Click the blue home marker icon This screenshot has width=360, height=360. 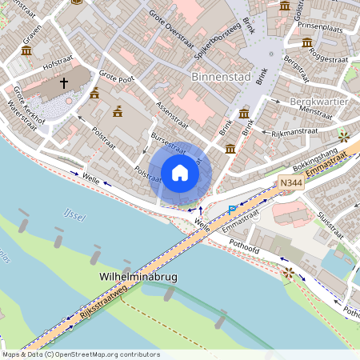point(180,173)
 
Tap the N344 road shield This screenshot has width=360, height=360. point(292,183)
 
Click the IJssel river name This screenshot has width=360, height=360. point(74,214)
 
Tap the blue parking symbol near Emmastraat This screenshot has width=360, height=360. point(232,210)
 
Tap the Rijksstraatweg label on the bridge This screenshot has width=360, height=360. point(102,307)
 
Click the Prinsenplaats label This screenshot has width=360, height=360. point(319,26)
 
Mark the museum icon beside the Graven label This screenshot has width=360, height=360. point(26,51)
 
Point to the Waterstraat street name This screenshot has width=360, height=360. point(22,114)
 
